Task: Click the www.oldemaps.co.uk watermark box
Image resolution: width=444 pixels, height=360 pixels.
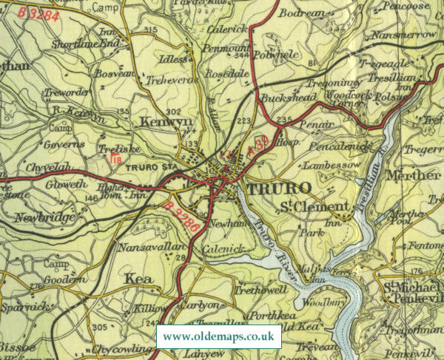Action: pyautogui.click(x=219, y=336)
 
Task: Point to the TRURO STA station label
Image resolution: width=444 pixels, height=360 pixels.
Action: pyautogui.click(x=152, y=166)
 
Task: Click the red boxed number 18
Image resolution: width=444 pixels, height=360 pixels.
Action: pyautogui.click(x=117, y=157)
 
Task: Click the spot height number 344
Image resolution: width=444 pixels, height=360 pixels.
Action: pyautogui.click(x=240, y=55)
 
